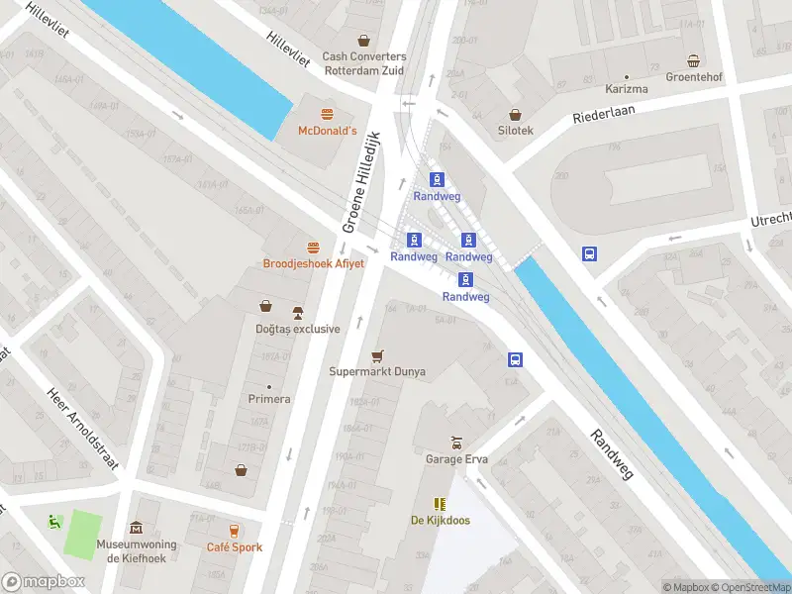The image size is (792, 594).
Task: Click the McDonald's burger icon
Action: coord(327,113)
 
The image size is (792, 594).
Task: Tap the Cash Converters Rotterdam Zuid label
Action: coord(364,63)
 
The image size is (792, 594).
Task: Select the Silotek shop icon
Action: coord(515,114)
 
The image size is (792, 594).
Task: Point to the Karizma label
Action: coord(627,89)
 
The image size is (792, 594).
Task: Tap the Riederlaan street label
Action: coord(608,112)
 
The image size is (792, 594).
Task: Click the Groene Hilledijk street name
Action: coord(363,183)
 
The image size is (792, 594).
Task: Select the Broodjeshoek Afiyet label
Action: coord(313,263)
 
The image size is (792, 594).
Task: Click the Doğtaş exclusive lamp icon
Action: coord(296,313)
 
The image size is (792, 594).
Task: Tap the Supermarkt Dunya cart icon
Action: coord(376,356)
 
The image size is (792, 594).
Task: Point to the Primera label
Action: coord(269,399)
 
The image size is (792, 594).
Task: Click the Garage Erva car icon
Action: coord(456,443)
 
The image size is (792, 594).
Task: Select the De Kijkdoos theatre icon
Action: coord(440,504)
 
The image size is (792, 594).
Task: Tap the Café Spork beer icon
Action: coord(234,531)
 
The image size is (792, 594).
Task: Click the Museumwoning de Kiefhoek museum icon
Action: coord(136,529)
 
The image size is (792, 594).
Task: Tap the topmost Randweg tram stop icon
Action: coord(437,179)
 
